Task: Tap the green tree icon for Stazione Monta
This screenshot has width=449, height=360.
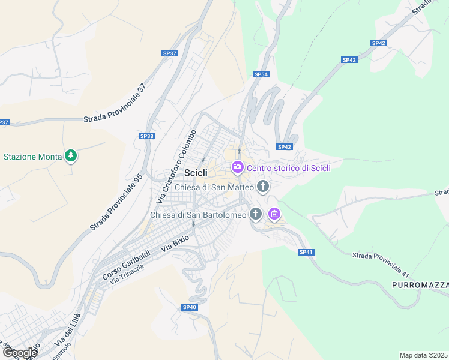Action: (71, 157)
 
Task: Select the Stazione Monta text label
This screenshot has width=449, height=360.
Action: (33, 157)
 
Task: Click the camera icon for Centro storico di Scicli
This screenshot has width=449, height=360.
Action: (237, 167)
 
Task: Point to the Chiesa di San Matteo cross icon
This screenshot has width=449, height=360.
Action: (262, 187)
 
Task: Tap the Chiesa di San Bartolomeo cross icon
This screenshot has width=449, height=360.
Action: (256, 214)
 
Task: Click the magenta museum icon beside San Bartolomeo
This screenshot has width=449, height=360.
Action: (274, 214)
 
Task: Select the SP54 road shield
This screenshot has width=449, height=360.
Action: (261, 74)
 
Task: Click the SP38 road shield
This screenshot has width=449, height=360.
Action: (146, 136)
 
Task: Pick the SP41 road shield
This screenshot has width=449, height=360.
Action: (306, 252)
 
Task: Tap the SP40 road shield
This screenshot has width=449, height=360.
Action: (189, 307)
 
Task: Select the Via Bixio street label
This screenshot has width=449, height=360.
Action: (175, 242)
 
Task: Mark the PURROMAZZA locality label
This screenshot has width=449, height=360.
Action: (420, 284)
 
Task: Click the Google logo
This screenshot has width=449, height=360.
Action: (19, 353)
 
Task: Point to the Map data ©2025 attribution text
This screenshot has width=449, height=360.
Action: (423, 355)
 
